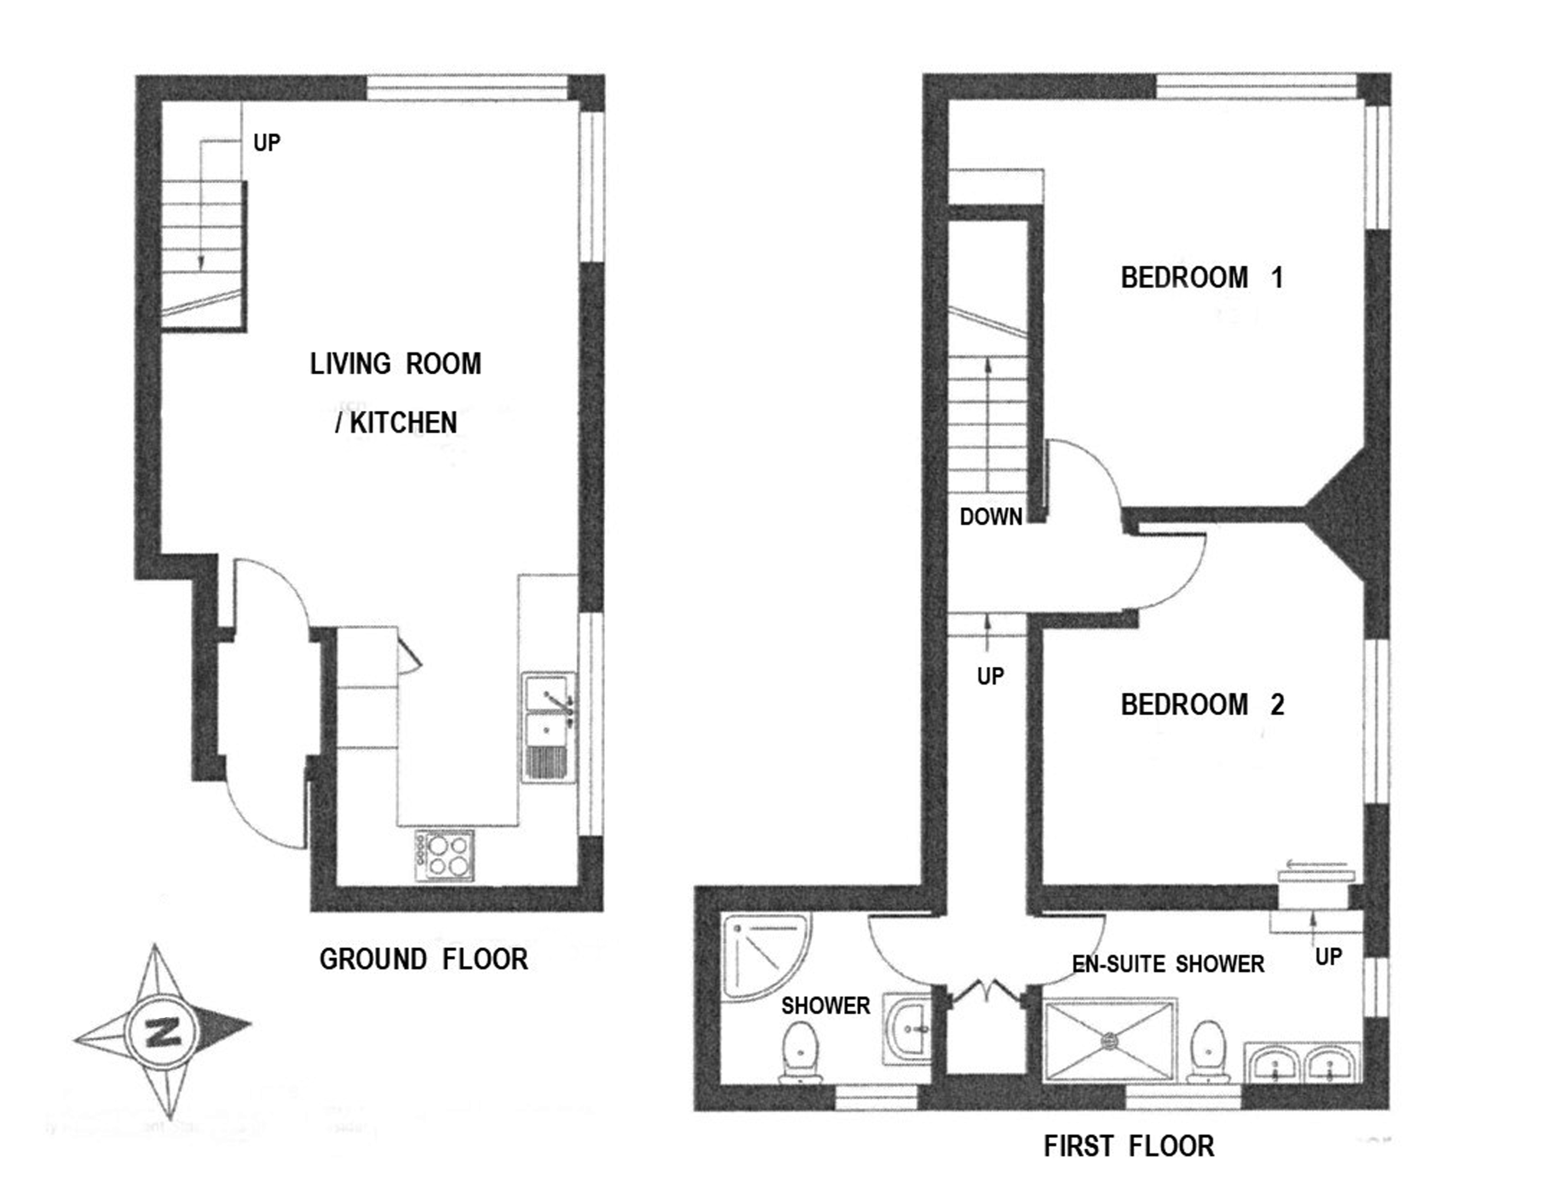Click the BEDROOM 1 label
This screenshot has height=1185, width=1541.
[x=1202, y=277]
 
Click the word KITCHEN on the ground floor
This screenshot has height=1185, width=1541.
[x=403, y=423]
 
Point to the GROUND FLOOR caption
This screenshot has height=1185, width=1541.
[x=423, y=959]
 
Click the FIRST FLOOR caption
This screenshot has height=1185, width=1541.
[x=1129, y=1146]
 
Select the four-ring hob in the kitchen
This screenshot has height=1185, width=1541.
[x=445, y=855]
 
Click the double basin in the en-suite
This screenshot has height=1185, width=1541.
[x=1302, y=1062]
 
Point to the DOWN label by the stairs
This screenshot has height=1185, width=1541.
[x=991, y=517]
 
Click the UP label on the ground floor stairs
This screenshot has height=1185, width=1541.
[x=267, y=143]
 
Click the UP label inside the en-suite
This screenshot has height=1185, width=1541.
[x=1328, y=957]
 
